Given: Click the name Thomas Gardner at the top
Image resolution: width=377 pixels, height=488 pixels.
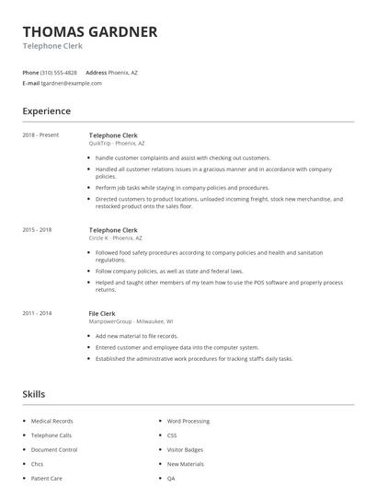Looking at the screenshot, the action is tap(90, 31).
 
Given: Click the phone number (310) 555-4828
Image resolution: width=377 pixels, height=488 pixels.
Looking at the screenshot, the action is tap(60, 72).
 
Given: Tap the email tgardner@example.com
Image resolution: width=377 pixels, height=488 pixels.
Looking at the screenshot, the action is tap(72, 83).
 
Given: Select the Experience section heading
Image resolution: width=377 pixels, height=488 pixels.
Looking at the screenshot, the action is tap(47, 111).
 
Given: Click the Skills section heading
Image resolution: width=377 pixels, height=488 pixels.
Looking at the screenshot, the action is tap(33, 394).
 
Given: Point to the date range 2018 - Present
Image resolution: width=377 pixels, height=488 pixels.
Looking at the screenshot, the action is tap(40, 135).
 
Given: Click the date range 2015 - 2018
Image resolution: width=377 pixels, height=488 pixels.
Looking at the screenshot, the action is tap(38, 229).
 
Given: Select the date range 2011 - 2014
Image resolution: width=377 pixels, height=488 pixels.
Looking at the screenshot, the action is tap(38, 313).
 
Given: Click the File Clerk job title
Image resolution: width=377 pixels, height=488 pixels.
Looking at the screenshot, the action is tap(102, 313).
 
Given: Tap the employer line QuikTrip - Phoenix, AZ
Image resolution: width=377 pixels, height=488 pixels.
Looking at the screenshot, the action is tap(117, 144).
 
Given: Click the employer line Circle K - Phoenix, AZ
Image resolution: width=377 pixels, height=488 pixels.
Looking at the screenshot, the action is tap(115, 238).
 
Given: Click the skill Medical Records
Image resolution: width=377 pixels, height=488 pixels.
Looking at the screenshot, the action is tap(51, 421).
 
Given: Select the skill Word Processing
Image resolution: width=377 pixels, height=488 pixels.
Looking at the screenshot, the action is tap(188, 421).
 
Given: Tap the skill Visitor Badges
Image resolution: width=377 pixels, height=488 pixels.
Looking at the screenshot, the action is tap(186, 449).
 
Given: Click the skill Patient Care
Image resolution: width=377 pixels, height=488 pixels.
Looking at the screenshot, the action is tap(46, 479).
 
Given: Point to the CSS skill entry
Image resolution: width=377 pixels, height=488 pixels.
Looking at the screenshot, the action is tap(172, 436).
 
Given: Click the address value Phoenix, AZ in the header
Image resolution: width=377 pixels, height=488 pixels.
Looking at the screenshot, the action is tap(124, 72).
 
